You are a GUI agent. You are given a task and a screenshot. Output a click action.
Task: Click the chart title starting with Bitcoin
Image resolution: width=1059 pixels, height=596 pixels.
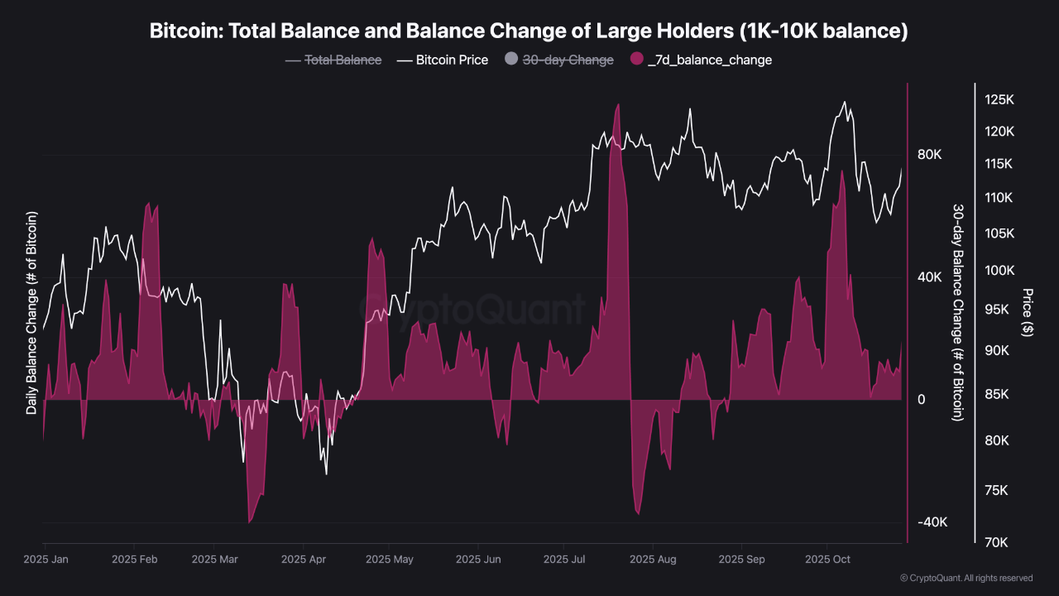(529, 31)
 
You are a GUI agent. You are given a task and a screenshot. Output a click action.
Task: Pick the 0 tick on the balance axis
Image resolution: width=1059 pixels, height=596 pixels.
(921, 400)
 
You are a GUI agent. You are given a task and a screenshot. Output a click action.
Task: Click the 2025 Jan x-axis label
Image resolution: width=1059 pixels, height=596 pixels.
(46, 560)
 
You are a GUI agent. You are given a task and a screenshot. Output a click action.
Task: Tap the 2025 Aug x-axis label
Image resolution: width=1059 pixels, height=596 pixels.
(653, 560)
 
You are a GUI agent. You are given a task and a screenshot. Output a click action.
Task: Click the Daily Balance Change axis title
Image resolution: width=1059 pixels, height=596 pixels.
(32, 313)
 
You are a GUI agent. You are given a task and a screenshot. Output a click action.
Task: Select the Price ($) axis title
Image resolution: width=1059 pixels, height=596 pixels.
(1028, 312)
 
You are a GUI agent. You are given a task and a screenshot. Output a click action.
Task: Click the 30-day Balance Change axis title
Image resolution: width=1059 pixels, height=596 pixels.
(957, 312)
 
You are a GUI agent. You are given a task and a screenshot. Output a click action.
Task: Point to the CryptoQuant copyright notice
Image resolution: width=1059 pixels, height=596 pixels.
(966, 578)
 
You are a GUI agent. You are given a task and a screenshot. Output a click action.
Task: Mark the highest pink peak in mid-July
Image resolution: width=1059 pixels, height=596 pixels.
(617, 105)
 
